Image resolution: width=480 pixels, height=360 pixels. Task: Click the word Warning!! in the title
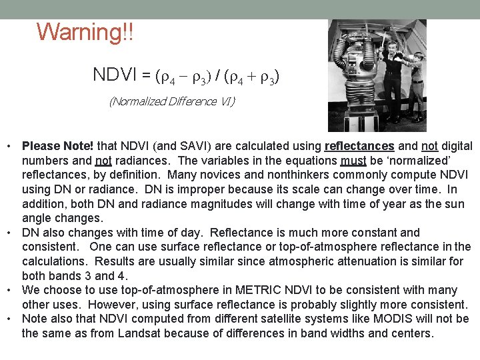(x=85, y=32)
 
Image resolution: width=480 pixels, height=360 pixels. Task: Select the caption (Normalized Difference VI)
(x=172, y=101)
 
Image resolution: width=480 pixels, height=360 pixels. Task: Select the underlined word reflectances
(x=359, y=145)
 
